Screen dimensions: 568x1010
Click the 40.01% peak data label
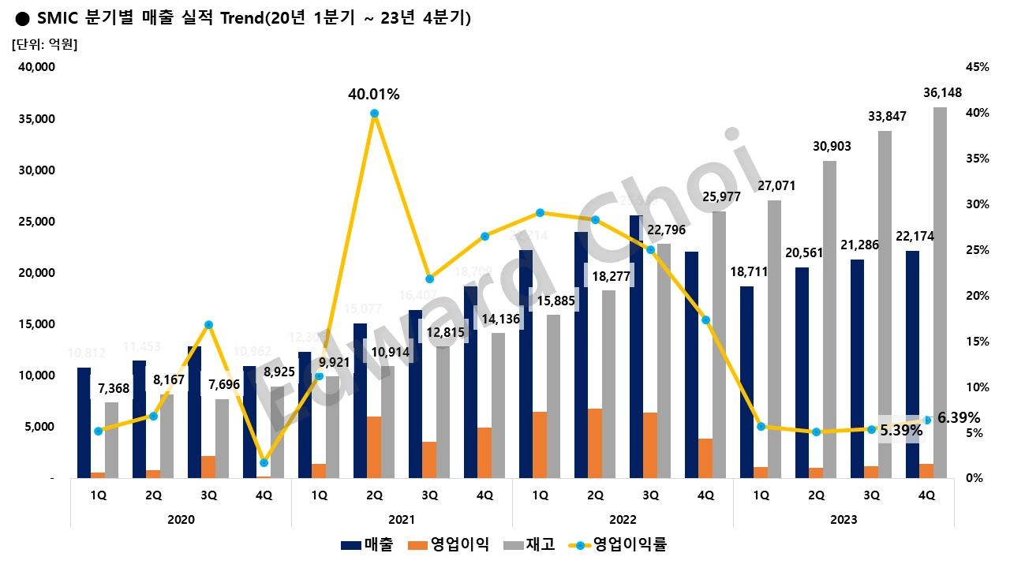tap(374, 95)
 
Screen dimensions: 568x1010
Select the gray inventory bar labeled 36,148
tap(941, 292)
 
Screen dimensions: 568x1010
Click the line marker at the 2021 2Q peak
tap(375, 114)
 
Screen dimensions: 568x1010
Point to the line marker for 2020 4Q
tap(264, 462)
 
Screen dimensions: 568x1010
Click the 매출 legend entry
tap(367, 544)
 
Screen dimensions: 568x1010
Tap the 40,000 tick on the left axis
tap(36, 68)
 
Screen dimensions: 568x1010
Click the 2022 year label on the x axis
tap(623, 520)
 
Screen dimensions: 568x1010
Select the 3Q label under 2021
tap(430, 495)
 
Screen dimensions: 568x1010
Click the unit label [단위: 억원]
tap(44, 44)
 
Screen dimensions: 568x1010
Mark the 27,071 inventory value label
tap(776, 186)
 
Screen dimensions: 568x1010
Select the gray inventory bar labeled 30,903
tap(830, 319)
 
